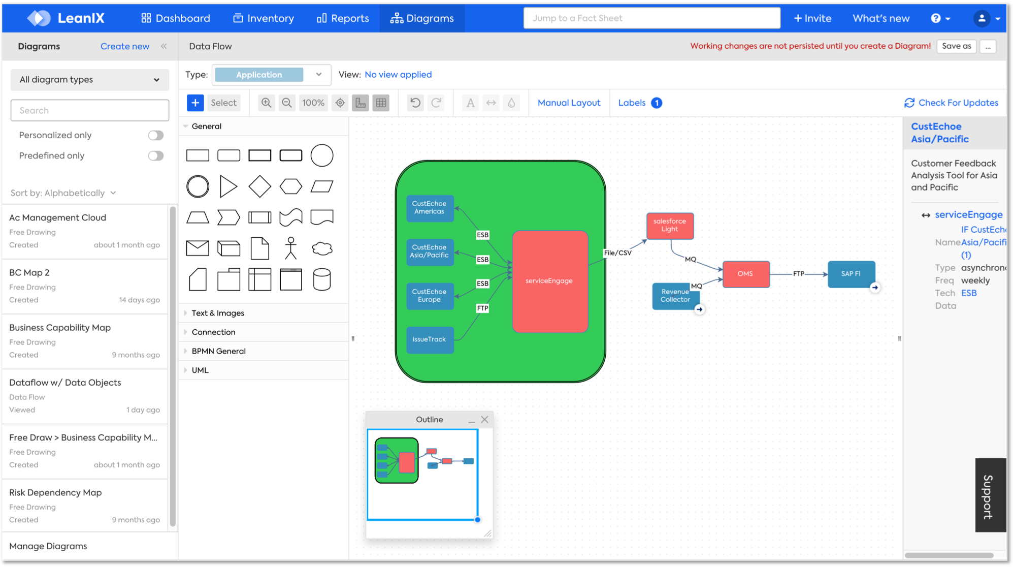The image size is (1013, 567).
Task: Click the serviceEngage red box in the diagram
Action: click(x=550, y=281)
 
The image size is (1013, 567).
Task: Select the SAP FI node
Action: click(x=851, y=274)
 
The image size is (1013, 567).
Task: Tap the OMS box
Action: click(x=745, y=274)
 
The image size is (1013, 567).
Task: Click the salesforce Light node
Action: click(x=670, y=226)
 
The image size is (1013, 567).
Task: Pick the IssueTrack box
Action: click(x=430, y=339)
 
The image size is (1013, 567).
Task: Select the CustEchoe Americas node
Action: click(x=430, y=208)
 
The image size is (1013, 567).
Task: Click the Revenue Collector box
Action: click(x=675, y=296)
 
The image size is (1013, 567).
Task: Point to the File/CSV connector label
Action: click(x=617, y=253)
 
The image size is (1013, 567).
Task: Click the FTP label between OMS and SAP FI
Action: click(x=799, y=274)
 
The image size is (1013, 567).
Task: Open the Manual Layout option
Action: click(x=569, y=103)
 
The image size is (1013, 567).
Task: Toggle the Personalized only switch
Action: click(x=156, y=135)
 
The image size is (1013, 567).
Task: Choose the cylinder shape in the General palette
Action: click(x=322, y=279)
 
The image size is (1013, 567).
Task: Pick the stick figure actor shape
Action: click(x=290, y=248)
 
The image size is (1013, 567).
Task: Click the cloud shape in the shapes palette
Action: click(x=322, y=248)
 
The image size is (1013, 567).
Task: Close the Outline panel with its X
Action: click(x=484, y=420)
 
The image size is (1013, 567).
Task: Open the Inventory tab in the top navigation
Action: click(x=264, y=18)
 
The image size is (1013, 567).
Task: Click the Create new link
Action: click(x=125, y=46)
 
